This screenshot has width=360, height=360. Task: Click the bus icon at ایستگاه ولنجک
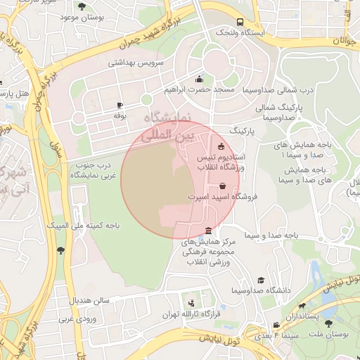240,22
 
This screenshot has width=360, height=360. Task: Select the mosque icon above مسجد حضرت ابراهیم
200,79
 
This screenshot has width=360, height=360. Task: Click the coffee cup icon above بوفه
119,105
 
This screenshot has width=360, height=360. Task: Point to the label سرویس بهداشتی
135,62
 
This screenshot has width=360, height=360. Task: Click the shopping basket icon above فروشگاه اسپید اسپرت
222,187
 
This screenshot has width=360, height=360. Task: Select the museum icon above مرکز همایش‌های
208,231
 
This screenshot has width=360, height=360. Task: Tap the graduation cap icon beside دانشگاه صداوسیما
262,281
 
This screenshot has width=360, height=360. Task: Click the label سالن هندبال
89,300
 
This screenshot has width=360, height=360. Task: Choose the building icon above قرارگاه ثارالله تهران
191,304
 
